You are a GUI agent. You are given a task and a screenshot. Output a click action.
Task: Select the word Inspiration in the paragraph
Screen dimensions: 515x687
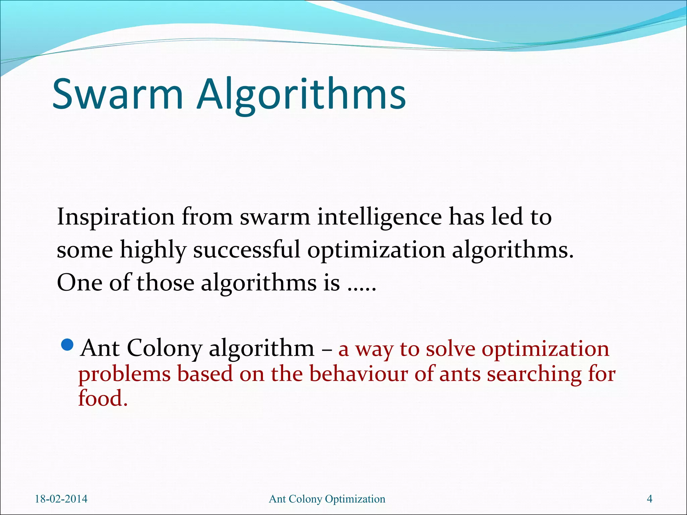[116, 217]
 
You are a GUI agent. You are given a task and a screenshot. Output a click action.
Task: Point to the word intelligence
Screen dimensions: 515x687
[379, 217]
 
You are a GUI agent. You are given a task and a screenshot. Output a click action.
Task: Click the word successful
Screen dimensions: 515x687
[247, 250]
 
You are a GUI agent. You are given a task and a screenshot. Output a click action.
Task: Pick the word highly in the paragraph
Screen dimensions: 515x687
[153, 250]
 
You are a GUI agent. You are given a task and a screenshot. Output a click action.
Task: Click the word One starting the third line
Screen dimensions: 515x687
[80, 282]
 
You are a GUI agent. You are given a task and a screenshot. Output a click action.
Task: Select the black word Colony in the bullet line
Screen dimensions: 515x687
[164, 348]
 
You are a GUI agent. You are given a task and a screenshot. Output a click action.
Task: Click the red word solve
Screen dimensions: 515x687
[451, 349]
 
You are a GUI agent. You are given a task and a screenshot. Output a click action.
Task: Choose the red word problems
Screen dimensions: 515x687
[124, 375]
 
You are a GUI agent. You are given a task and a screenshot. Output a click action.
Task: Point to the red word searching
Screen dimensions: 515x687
[534, 375]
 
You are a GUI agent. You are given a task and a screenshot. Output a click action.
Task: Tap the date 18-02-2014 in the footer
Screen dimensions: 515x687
[61, 499]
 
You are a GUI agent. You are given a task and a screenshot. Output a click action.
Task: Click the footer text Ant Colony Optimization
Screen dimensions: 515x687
[327, 499]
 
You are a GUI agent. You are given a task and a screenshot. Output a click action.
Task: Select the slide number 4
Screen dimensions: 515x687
[649, 499]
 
